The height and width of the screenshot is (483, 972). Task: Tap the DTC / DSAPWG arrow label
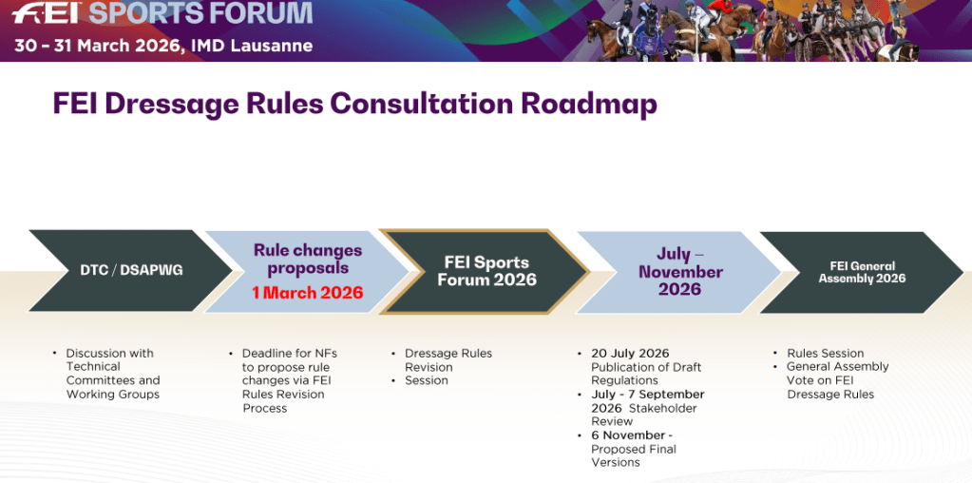(x=131, y=270)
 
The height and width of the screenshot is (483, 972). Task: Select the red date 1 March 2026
(x=308, y=293)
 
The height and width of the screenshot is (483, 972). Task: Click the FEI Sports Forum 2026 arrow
(x=485, y=272)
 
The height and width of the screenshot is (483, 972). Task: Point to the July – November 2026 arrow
(x=678, y=272)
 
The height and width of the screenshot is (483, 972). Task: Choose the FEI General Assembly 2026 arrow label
(x=862, y=272)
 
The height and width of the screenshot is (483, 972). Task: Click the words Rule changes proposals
(x=308, y=260)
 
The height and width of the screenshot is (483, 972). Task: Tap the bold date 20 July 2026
(x=630, y=354)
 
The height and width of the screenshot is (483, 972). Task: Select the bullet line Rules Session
(x=825, y=354)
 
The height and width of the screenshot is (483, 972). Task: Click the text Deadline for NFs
(x=290, y=354)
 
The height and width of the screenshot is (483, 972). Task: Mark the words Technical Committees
(x=113, y=374)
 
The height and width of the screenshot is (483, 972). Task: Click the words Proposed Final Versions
(x=634, y=455)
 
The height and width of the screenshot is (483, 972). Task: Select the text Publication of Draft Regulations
(x=646, y=374)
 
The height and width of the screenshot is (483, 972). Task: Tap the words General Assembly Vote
(x=838, y=374)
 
